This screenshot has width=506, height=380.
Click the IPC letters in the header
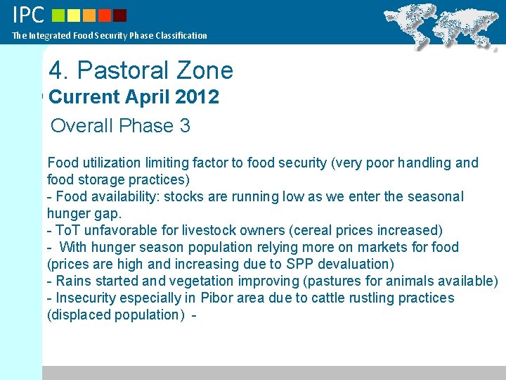28,14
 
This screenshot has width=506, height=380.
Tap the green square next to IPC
58,15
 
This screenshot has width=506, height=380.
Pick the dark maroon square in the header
119,15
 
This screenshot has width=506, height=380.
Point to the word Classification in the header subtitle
180,35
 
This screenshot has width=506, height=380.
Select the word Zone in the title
205,70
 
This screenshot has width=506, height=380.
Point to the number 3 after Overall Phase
185,126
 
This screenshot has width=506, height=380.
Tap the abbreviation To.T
69,230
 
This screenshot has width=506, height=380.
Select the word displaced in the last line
77,315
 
